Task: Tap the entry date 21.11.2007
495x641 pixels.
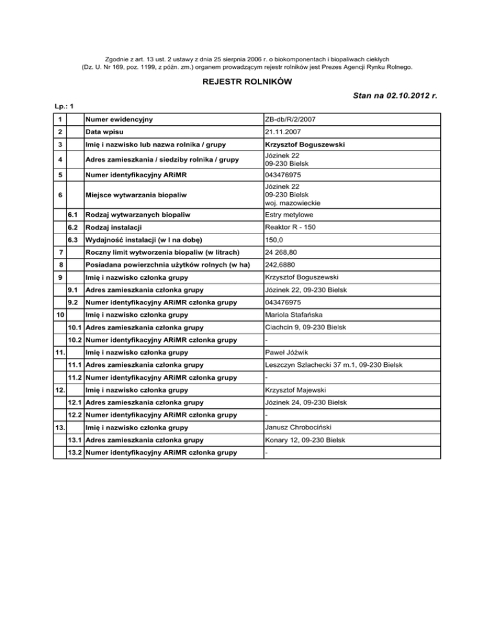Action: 284,131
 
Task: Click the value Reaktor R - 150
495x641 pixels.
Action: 294,227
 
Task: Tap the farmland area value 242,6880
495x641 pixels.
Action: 283,264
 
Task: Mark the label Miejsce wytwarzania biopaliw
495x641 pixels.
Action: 133,193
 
